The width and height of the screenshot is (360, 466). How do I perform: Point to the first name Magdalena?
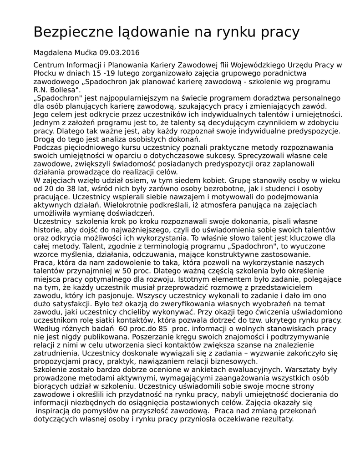pos(51,52)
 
